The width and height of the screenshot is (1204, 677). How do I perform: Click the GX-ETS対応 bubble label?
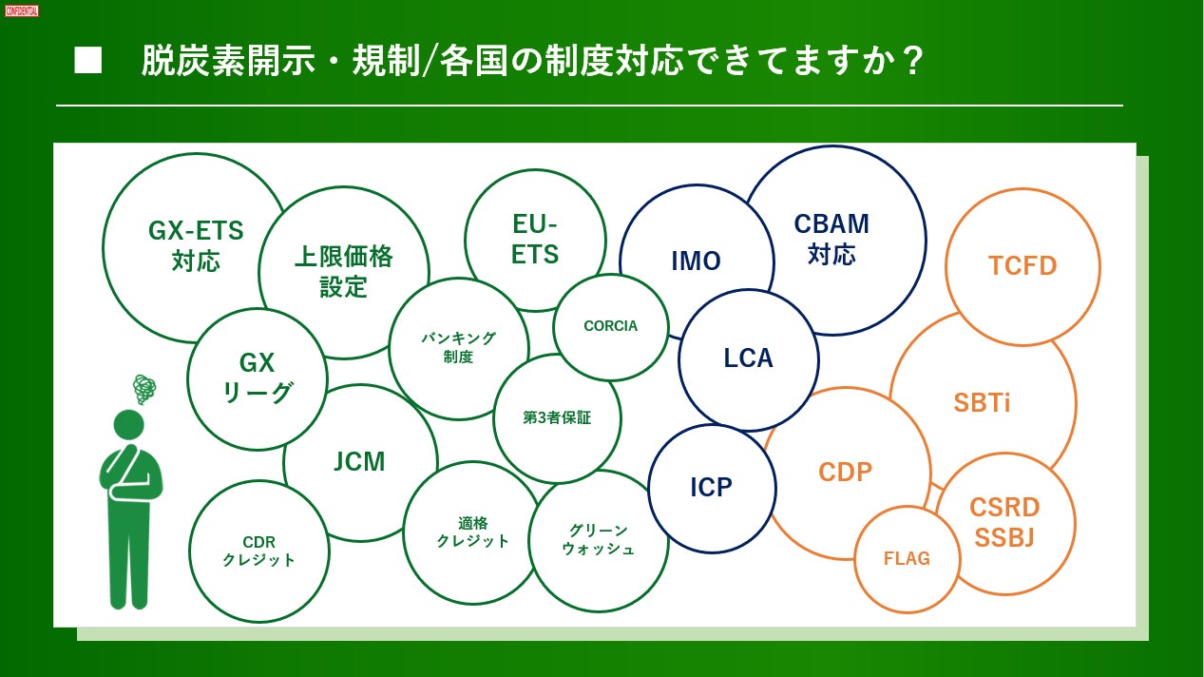(x=196, y=245)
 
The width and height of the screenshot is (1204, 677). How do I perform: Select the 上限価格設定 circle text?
(x=343, y=271)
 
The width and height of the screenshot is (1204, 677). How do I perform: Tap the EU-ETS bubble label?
(x=535, y=239)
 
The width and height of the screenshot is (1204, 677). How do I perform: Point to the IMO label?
(x=696, y=261)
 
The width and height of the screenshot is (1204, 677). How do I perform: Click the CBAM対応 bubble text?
(x=831, y=238)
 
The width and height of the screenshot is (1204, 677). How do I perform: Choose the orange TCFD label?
(x=1022, y=265)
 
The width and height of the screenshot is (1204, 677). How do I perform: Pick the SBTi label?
(x=982, y=402)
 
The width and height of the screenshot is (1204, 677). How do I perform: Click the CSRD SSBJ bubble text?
(x=1004, y=522)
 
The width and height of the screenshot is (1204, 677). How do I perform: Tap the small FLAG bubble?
(x=907, y=558)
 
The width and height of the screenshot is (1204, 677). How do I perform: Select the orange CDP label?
(x=845, y=471)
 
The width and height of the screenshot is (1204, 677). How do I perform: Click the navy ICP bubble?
(x=711, y=488)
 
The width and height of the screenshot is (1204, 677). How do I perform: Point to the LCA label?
(x=748, y=358)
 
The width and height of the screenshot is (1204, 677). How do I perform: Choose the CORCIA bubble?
(x=610, y=326)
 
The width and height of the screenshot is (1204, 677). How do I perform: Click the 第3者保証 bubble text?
(x=557, y=417)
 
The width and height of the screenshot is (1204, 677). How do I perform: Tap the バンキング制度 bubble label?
(x=458, y=347)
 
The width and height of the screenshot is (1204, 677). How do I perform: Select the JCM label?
(x=359, y=462)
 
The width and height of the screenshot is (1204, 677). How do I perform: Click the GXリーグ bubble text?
(x=257, y=377)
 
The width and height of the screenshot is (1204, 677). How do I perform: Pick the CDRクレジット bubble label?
(x=258, y=551)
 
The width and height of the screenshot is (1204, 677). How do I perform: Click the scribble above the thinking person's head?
(x=143, y=388)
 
